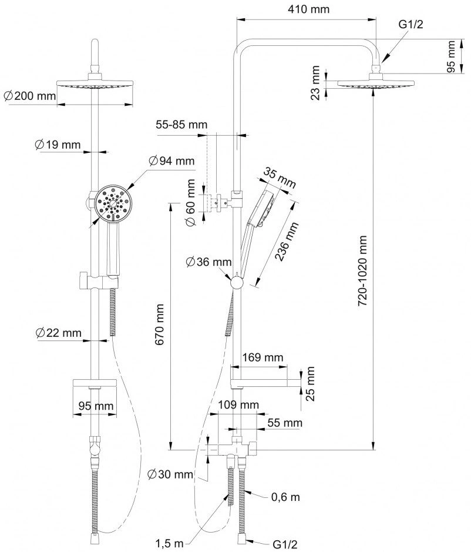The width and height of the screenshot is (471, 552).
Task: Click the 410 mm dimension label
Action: click(x=308, y=9)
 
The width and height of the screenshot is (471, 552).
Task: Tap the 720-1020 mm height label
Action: click(x=362, y=271)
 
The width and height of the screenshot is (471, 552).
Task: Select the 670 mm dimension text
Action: click(x=159, y=324)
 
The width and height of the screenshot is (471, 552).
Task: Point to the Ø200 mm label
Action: click(x=30, y=96)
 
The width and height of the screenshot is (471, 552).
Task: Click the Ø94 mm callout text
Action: click(x=171, y=161)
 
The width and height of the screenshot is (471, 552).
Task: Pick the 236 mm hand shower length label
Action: click(x=287, y=241)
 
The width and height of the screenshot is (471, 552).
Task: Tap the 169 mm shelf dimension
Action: click(x=263, y=357)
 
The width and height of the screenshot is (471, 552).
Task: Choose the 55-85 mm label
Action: click(x=181, y=125)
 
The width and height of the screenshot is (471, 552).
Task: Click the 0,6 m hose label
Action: click(x=285, y=497)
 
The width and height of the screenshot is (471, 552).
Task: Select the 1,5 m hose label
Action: click(x=169, y=543)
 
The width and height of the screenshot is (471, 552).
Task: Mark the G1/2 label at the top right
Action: click(x=411, y=24)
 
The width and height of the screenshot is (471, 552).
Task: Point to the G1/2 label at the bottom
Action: click(x=285, y=544)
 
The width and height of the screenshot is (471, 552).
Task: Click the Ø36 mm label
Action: click(x=208, y=262)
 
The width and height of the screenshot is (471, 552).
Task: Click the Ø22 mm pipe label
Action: click(x=58, y=333)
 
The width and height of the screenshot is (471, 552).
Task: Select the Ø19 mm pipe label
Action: click(x=58, y=145)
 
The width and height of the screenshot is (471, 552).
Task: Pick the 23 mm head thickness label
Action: click(x=316, y=83)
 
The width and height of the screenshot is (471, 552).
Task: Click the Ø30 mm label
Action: click(x=170, y=474)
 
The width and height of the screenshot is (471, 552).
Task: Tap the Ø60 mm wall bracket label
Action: click(x=190, y=203)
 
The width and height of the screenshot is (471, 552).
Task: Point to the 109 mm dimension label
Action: click(x=238, y=404)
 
